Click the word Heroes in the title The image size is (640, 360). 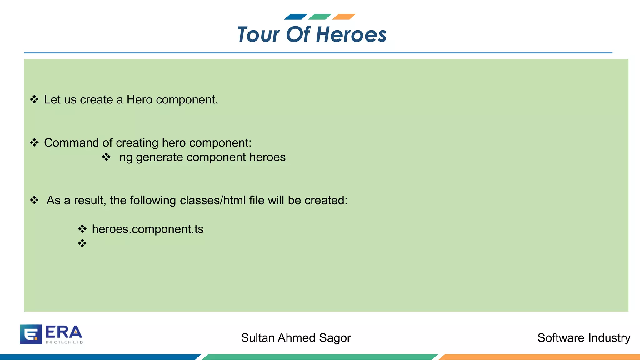pos(351,34)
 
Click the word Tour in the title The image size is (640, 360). pos(258,34)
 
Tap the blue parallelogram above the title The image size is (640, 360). pos(296,17)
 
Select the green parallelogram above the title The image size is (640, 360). pos(320,17)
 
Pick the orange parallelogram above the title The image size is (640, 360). pos(344,17)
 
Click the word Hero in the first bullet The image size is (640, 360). pos(140,100)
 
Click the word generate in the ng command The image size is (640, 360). pos(159,157)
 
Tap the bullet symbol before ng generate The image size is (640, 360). pos(107,157)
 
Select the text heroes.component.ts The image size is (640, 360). pos(147,229)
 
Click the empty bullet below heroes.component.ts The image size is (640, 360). pos(82,243)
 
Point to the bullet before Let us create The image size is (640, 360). pos(34,100)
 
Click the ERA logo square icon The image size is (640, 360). pos(31,334)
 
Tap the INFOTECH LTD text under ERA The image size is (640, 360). pos(64,342)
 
